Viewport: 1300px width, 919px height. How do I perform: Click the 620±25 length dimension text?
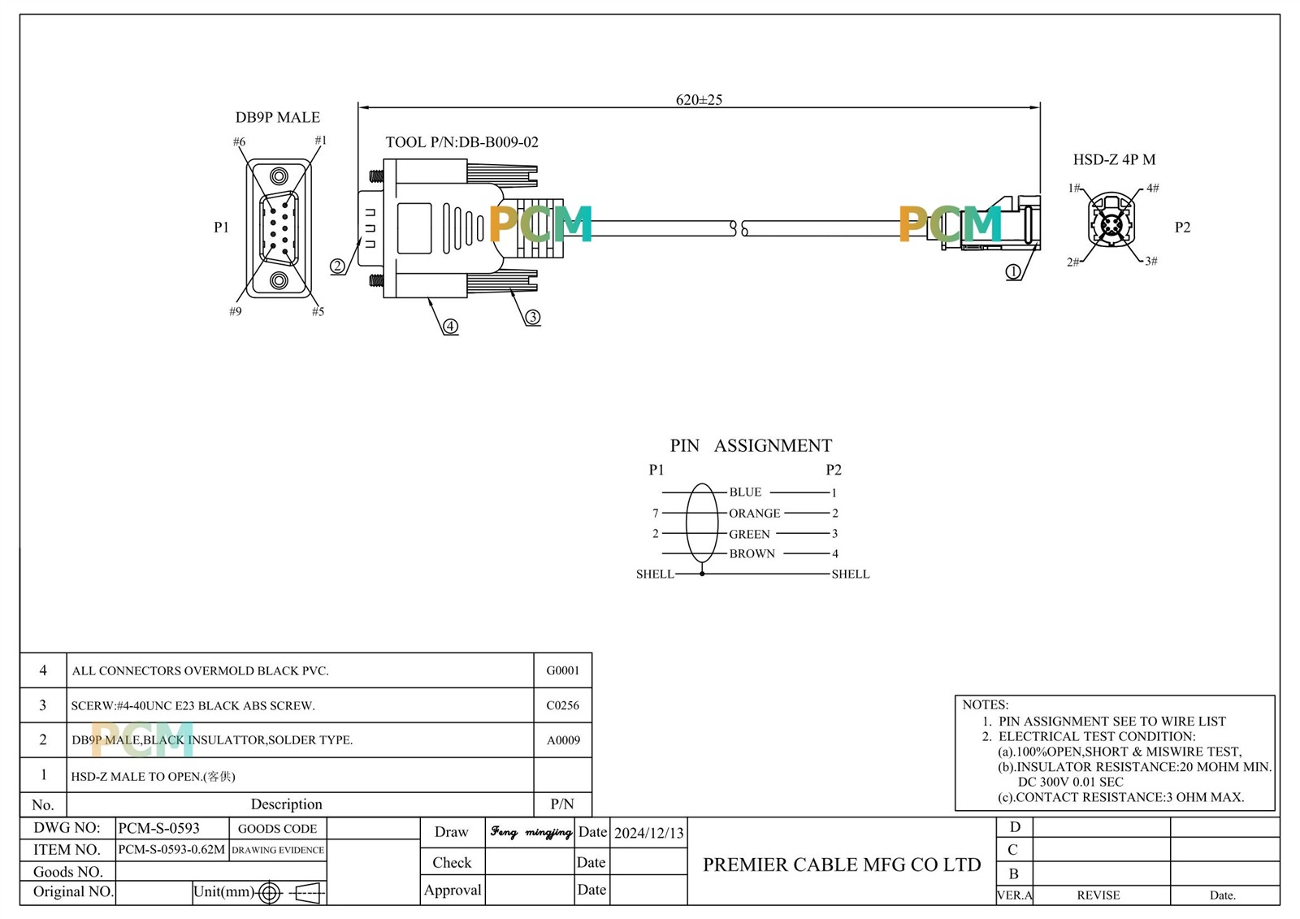pos(699,100)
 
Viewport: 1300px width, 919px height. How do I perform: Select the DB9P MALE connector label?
pos(278,118)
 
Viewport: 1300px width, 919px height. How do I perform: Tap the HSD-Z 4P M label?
pos(1114,160)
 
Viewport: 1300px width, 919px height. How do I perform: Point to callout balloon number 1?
pos(1013,272)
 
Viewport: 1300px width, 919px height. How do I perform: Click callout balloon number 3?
pos(533,317)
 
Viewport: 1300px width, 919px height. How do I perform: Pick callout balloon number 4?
pos(450,327)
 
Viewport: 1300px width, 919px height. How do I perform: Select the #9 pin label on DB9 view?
pos(236,311)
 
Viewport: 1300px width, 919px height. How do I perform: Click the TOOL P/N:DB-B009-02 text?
pos(461,142)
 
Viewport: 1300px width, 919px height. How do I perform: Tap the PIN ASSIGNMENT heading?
pos(751,445)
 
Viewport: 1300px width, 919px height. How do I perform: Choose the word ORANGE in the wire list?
pos(754,514)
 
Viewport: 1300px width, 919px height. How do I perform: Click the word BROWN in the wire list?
pos(752,554)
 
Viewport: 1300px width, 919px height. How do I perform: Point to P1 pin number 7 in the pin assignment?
pos(656,514)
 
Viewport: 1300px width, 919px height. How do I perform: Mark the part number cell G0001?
pos(562,671)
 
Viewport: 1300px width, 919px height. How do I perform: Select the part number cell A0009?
pos(562,740)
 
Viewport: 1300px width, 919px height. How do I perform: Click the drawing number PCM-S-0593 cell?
pos(159,829)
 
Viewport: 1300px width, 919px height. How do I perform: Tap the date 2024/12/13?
pos(648,833)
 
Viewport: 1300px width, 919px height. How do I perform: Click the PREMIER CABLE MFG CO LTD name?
pos(842,865)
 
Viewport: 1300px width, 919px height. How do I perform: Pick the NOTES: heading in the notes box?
pos(985,704)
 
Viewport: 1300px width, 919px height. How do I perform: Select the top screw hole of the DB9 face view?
pos(279,176)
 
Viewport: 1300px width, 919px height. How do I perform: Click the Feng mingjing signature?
pos(531,832)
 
